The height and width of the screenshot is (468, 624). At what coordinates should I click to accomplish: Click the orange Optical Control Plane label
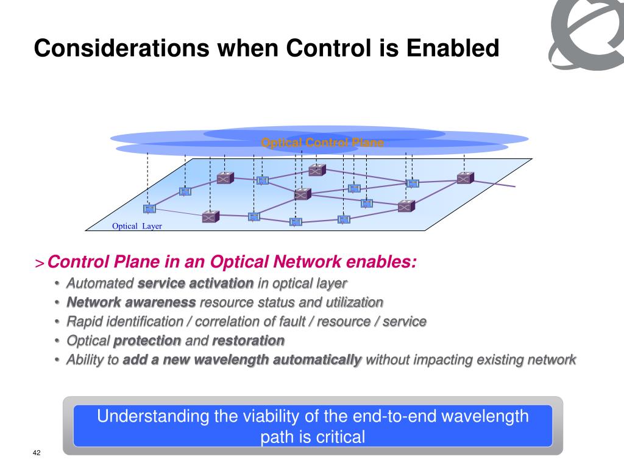click(322, 143)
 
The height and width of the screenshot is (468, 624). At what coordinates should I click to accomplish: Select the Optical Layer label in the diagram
click(137, 226)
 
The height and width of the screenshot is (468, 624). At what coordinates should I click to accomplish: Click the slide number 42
click(37, 453)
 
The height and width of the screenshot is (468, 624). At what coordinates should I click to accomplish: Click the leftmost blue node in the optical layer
click(149, 208)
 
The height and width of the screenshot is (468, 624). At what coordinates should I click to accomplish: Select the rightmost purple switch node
click(465, 178)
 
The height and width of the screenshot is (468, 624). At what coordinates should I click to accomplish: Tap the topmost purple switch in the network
click(317, 170)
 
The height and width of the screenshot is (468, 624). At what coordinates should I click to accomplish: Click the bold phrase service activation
click(196, 283)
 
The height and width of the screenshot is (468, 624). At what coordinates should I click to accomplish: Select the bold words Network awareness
click(131, 302)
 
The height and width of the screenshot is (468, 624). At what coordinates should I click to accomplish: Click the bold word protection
click(147, 340)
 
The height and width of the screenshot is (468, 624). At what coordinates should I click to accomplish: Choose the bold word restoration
click(248, 340)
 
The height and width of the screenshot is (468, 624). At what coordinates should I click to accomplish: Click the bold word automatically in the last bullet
click(317, 360)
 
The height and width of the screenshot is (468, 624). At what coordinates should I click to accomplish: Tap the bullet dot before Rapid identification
click(57, 322)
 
